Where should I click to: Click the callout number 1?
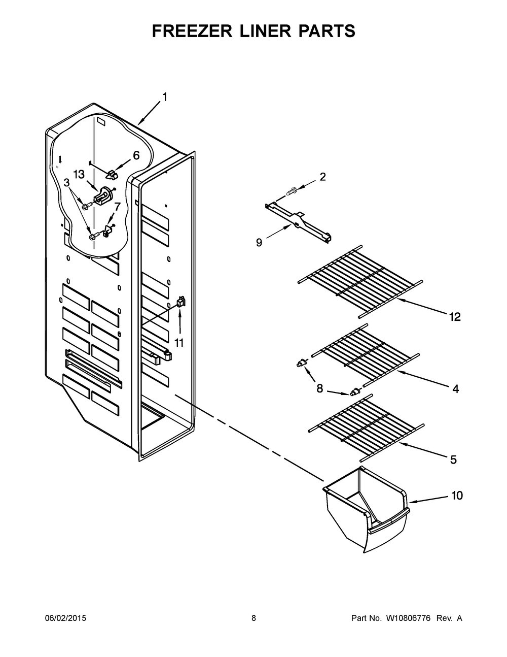pos(164,97)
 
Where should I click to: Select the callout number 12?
pos(454,317)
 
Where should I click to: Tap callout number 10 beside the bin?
pos(457,496)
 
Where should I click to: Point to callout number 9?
pos(259,243)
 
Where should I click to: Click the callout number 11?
pos(179,343)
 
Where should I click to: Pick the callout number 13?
pos(79,174)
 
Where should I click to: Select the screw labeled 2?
pos(292,192)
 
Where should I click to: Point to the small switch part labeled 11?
pos(180,303)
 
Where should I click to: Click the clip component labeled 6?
pos(112,174)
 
